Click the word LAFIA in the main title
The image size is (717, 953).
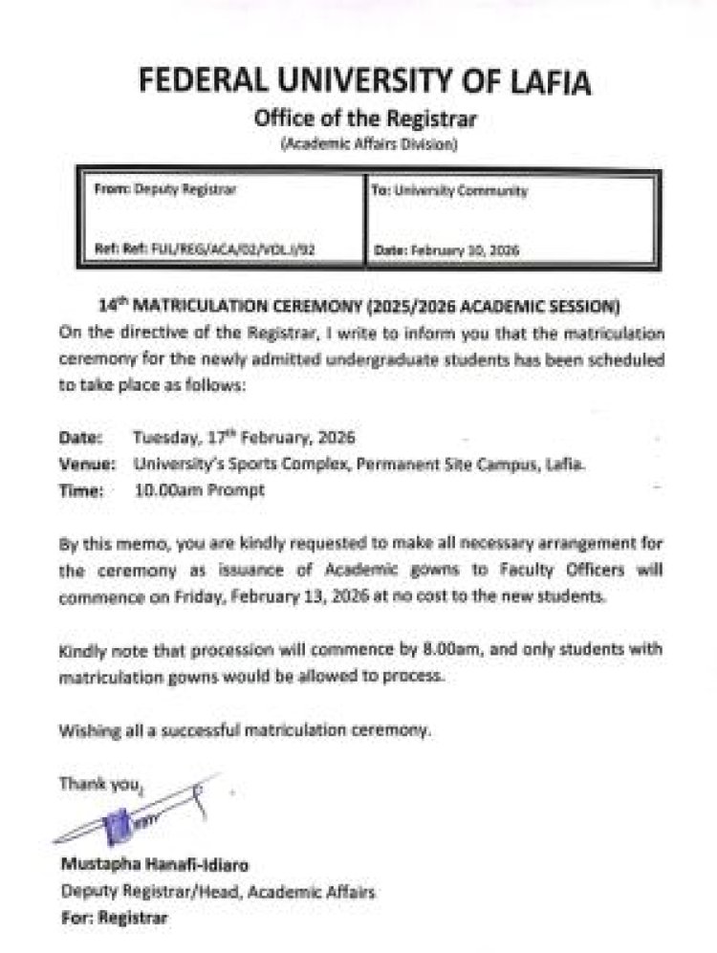coord(540,82)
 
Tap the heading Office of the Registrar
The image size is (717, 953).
coord(364,119)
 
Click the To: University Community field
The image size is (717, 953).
coord(448,191)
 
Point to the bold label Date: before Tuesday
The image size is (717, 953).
coord(81,439)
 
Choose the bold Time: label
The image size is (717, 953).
coord(80,489)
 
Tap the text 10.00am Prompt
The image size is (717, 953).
coord(202,489)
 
